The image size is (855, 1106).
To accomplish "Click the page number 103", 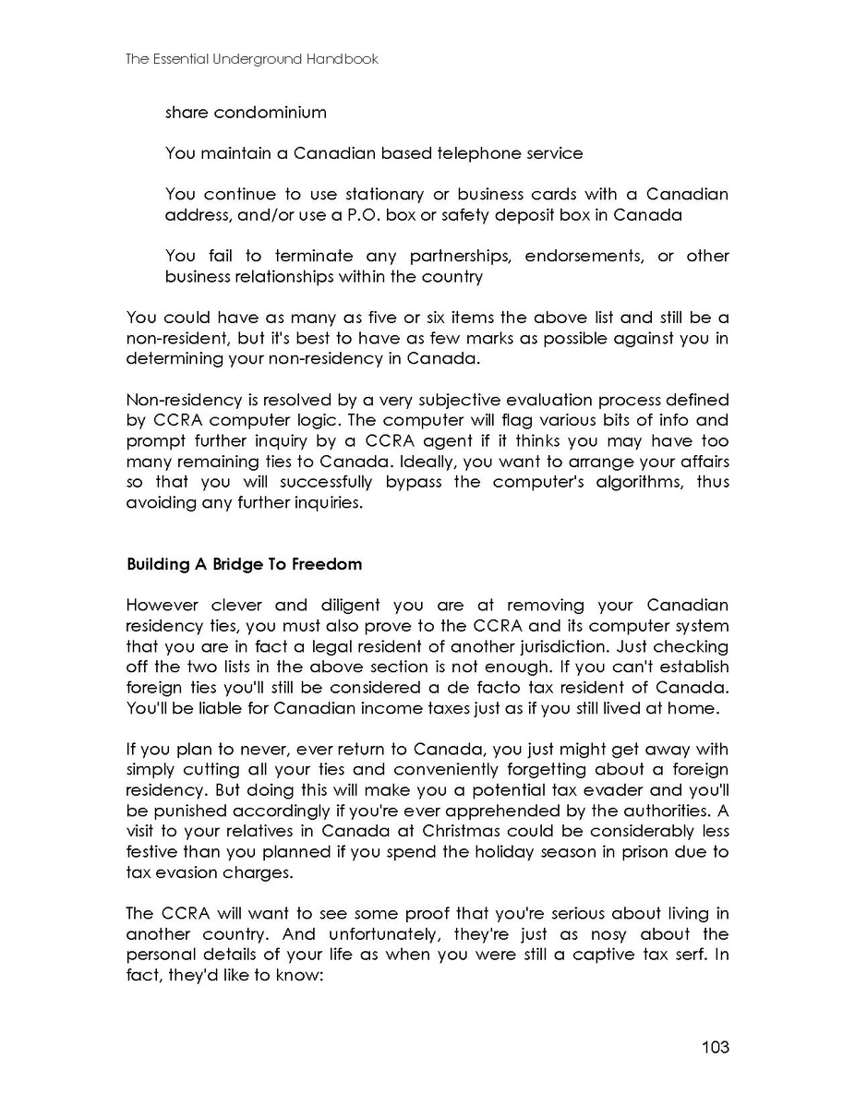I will coord(715,1047).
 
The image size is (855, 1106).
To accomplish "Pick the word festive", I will coord(151,851).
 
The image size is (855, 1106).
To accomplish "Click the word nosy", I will coord(584,933).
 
